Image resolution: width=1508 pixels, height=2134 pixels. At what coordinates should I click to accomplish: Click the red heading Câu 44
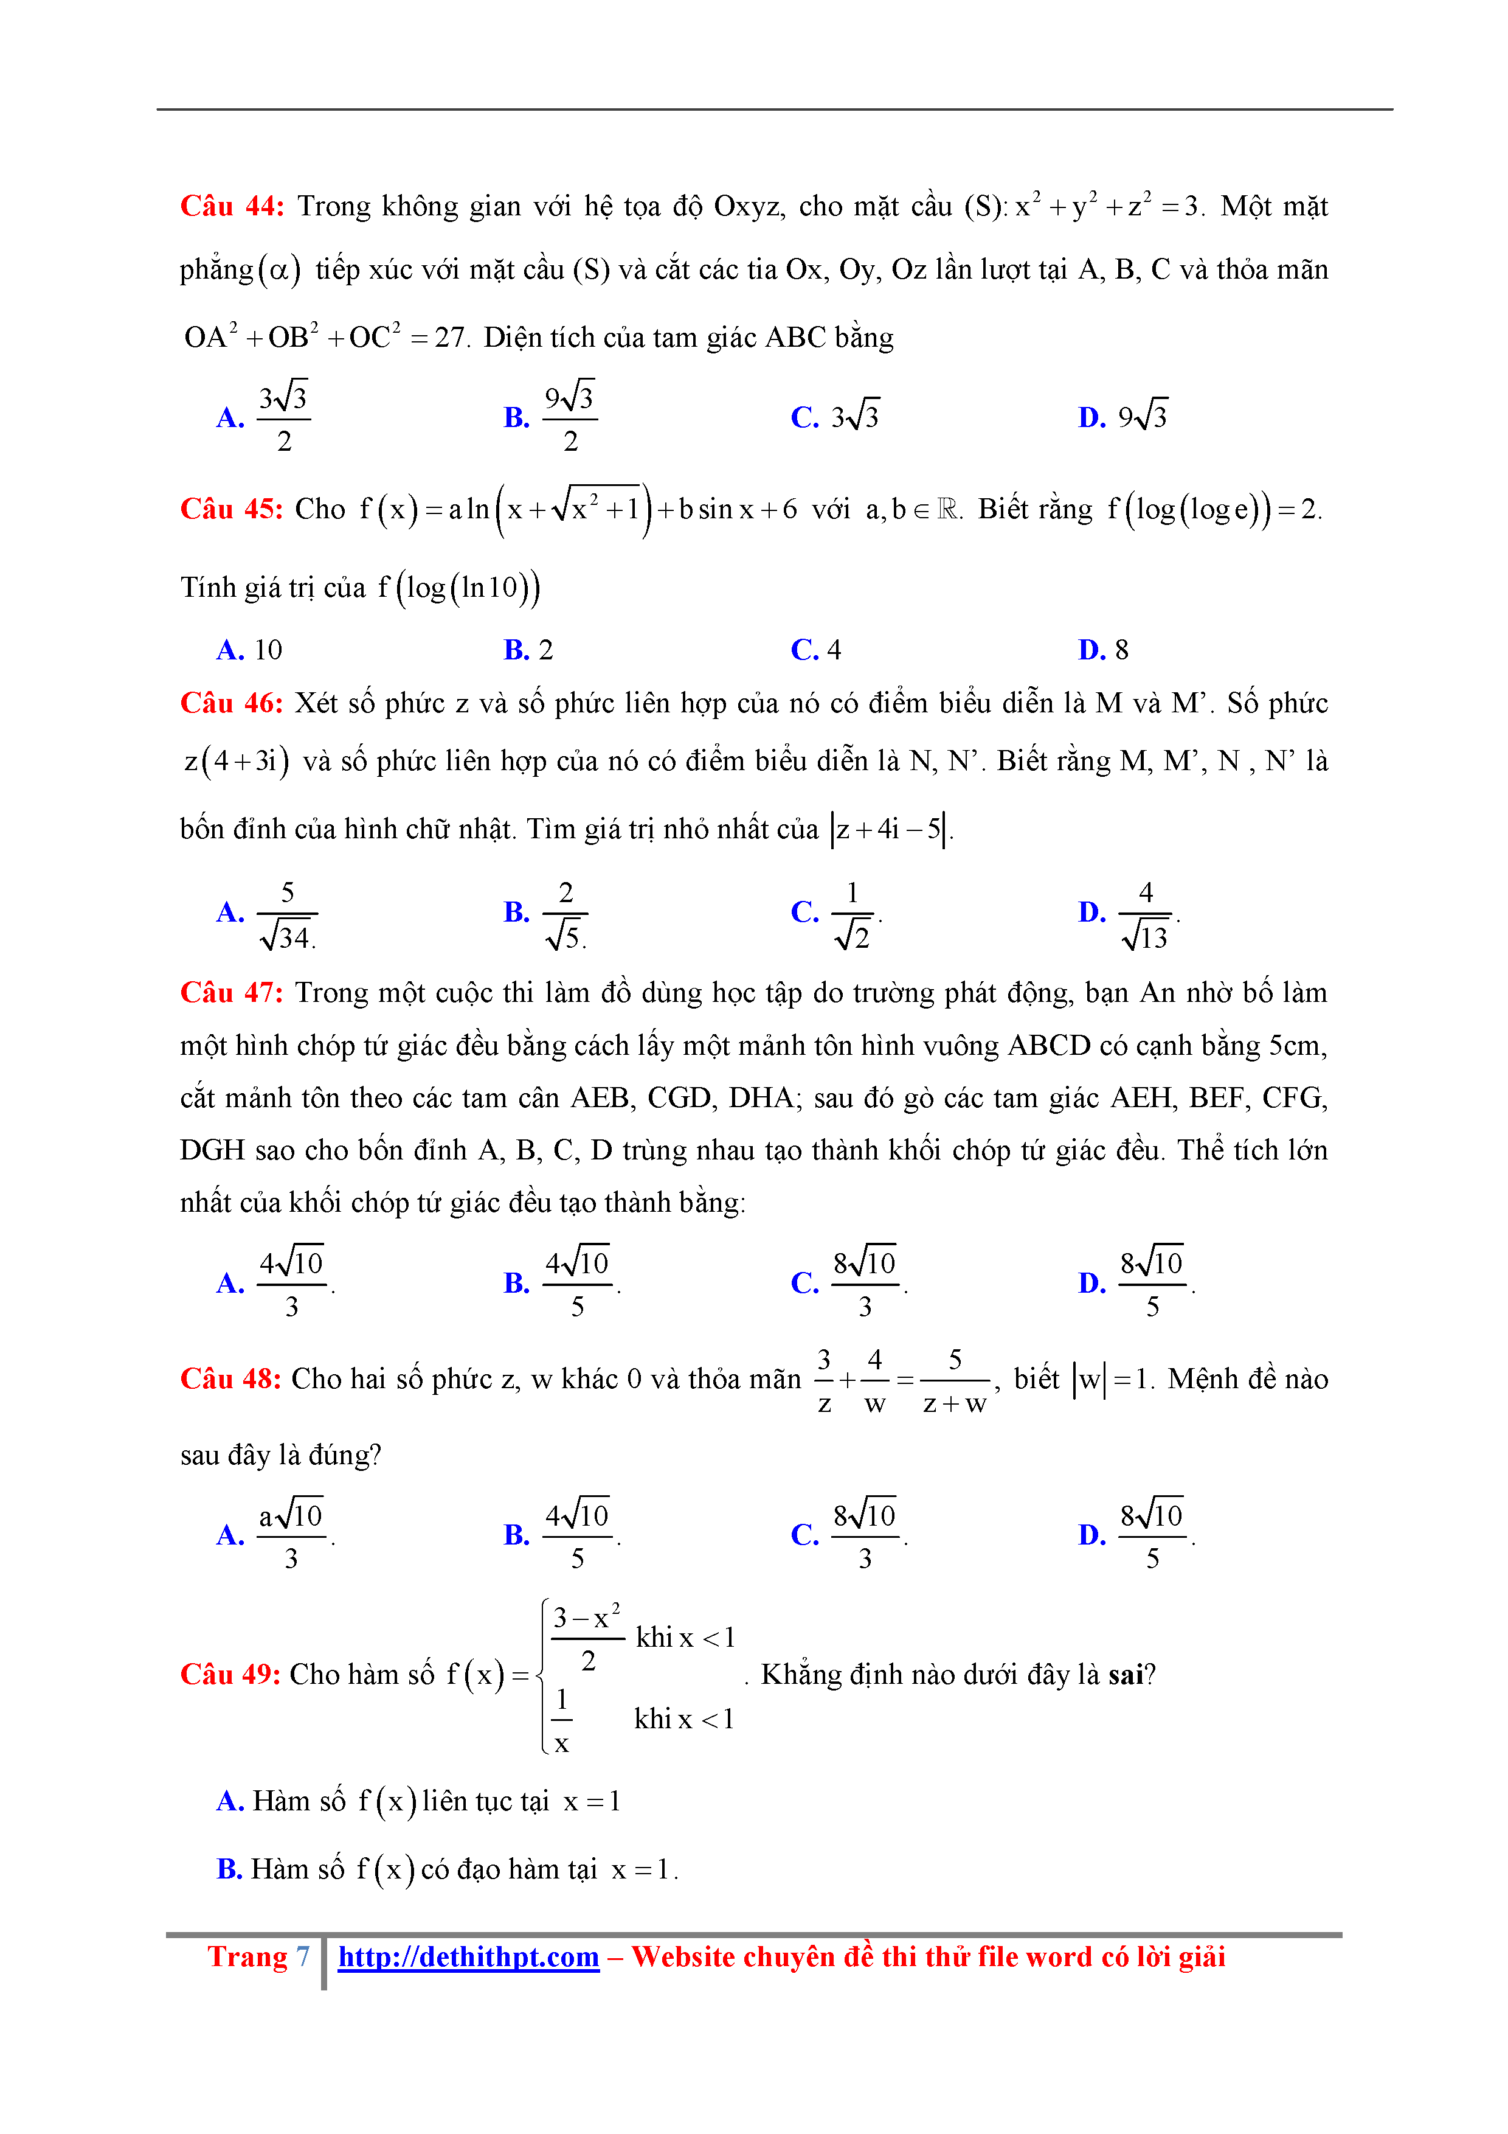click(x=231, y=206)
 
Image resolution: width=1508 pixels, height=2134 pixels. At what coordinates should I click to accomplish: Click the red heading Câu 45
click(x=231, y=509)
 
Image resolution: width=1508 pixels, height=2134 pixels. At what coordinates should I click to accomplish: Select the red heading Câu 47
click(x=231, y=993)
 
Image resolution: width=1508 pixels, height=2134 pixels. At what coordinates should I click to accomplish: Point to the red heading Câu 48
click(x=230, y=1378)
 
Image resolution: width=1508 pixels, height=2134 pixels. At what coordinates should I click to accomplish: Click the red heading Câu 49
click(x=230, y=1674)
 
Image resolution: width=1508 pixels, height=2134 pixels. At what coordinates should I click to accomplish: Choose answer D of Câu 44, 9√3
click(x=1142, y=415)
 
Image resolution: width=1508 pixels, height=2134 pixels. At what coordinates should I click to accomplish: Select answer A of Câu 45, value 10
click(x=268, y=650)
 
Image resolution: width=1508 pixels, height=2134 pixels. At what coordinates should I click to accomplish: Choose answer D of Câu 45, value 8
click(x=1121, y=650)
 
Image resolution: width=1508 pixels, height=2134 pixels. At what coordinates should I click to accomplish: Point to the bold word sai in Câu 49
click(x=1125, y=1674)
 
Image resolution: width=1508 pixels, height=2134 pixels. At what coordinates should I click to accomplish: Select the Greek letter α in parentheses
click(x=278, y=271)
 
